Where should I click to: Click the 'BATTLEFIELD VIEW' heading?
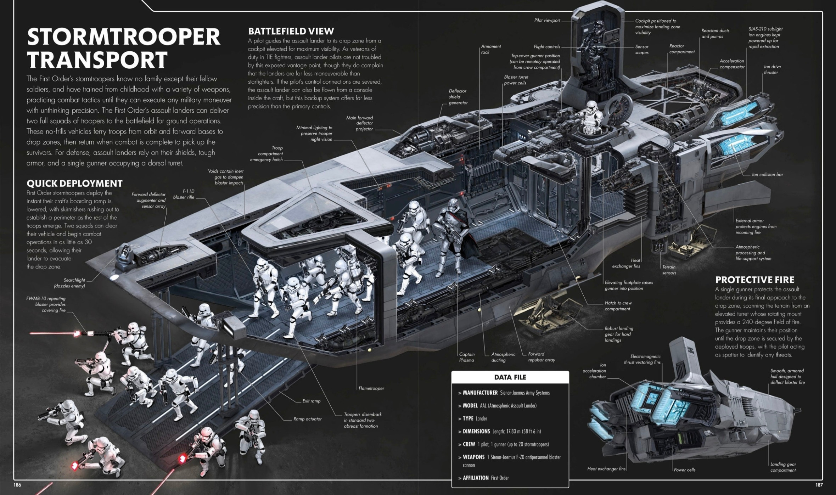tap(291, 31)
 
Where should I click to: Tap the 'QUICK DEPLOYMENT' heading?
tap(74, 183)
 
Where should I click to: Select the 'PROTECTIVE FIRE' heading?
tap(755, 280)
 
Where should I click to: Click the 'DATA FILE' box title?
tap(510, 377)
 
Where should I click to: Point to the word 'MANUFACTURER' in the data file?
tap(480, 393)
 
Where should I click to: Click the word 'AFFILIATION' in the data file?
tap(476, 478)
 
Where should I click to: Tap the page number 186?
tap(17, 485)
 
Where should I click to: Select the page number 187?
tap(819, 485)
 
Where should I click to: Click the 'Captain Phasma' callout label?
tap(467, 357)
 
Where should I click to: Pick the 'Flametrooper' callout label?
tap(371, 388)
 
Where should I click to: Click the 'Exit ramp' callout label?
tap(311, 401)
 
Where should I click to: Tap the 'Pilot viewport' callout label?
tap(547, 21)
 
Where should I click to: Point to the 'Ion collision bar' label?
tap(768, 175)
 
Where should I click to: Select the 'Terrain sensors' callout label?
tap(669, 270)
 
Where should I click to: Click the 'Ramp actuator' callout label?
tap(308, 419)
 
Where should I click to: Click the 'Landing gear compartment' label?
tap(783, 467)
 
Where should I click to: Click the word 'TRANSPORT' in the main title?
tap(97, 60)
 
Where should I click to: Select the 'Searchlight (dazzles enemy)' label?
tap(69, 283)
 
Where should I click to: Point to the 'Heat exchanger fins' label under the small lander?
tap(606, 469)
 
